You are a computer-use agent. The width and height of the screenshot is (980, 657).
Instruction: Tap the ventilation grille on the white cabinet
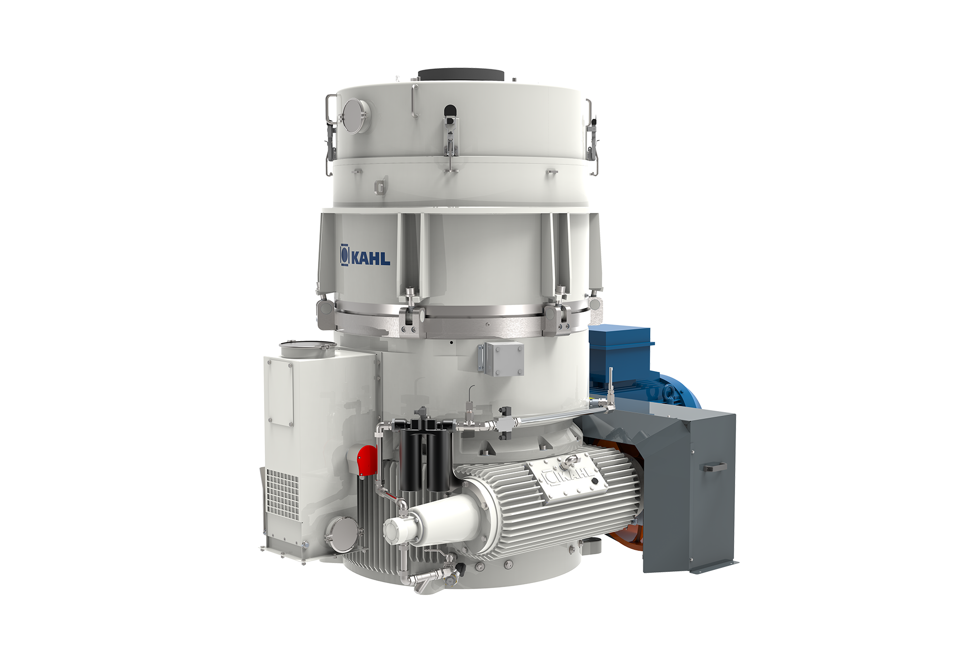click(x=282, y=492)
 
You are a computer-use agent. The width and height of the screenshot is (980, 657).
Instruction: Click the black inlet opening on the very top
click(x=461, y=74)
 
